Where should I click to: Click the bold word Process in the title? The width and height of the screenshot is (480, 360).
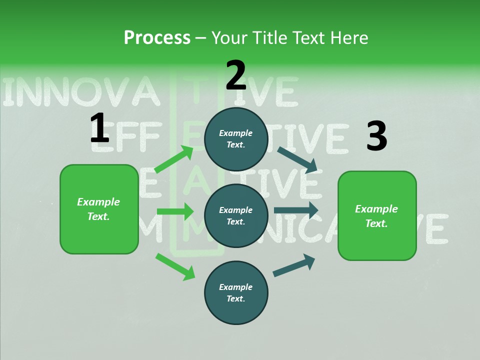coord(157,38)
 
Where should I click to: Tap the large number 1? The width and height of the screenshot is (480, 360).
coord(99,128)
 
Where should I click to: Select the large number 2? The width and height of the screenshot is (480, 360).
coord(235,75)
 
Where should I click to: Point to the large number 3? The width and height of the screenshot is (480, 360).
coord(376,136)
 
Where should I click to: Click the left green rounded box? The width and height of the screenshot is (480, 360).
coord(99,209)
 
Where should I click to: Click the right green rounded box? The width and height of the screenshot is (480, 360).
coord(377,216)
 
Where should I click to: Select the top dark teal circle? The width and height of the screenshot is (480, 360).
coord(236,139)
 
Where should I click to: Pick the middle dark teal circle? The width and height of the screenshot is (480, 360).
coord(236,216)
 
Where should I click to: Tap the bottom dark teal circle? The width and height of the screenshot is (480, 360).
coord(236,293)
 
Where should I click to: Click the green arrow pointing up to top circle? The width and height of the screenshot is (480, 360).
coord(174,159)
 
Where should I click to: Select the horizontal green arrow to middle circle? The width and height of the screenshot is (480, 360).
coord(175,211)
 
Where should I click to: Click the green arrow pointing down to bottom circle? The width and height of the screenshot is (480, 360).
coord(175,266)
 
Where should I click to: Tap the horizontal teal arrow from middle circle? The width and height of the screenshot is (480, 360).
coord(296,210)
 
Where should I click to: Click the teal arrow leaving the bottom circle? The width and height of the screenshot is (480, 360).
coord(294,265)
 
